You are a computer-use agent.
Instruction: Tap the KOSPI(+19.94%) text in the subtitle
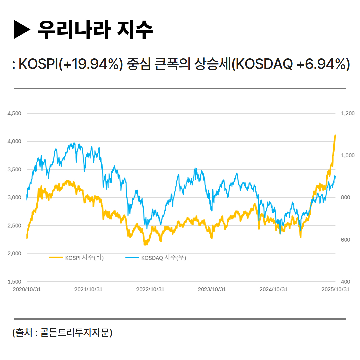pyautogui.click(x=69, y=64)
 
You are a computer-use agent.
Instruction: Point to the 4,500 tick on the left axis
pyautogui.click(x=14, y=113)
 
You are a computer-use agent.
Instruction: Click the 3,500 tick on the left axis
pyautogui.click(x=14, y=169)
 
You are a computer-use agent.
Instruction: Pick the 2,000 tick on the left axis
pyautogui.click(x=14, y=254)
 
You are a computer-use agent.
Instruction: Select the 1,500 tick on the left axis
pyautogui.click(x=14, y=282)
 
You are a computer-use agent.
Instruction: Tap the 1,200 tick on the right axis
pyautogui.click(x=348, y=113)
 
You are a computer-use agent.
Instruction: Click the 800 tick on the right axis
pyautogui.click(x=346, y=198)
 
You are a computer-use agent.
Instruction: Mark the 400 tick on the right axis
pyautogui.click(x=346, y=282)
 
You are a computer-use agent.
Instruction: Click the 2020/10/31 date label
pyautogui.click(x=27, y=289)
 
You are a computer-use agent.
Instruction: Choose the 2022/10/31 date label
pyautogui.click(x=150, y=289)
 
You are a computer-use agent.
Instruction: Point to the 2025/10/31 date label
pyautogui.click(x=335, y=289)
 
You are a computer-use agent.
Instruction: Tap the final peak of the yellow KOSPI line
pyautogui.click(x=335, y=136)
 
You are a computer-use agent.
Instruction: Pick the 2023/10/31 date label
pyautogui.click(x=212, y=289)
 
